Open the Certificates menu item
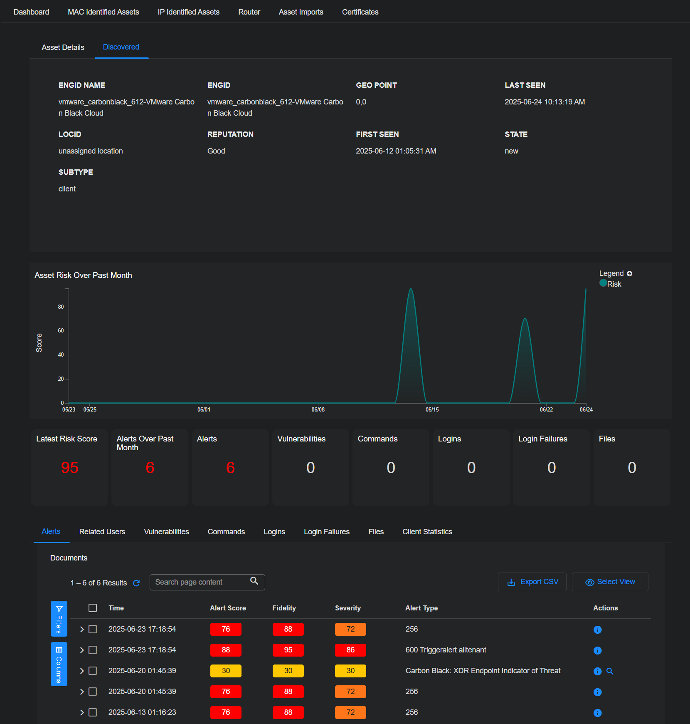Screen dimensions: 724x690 click(x=360, y=12)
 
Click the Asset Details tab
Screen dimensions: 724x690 click(x=63, y=47)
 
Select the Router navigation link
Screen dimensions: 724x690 click(x=249, y=12)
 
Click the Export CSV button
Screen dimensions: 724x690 click(x=532, y=582)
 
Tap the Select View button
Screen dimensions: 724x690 click(x=610, y=582)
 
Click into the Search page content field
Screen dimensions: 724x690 click(x=200, y=582)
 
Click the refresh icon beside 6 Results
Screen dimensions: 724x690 click(x=136, y=583)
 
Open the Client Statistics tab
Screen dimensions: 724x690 click(x=427, y=532)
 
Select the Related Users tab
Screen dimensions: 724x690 click(x=102, y=532)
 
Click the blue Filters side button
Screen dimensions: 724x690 click(x=59, y=619)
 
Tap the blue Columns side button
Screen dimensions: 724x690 click(x=59, y=664)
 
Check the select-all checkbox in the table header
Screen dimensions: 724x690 click(x=93, y=608)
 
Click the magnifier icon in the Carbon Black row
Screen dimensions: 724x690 click(x=610, y=671)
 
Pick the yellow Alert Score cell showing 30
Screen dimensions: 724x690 click(x=226, y=671)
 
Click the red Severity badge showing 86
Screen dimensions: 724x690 click(x=350, y=650)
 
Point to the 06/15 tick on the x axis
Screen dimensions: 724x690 click(x=432, y=409)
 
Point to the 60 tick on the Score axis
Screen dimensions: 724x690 click(x=61, y=331)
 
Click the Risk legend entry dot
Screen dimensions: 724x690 click(x=603, y=283)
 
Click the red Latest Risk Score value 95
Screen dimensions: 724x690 click(x=69, y=468)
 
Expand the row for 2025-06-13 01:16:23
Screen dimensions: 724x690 click(x=82, y=712)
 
